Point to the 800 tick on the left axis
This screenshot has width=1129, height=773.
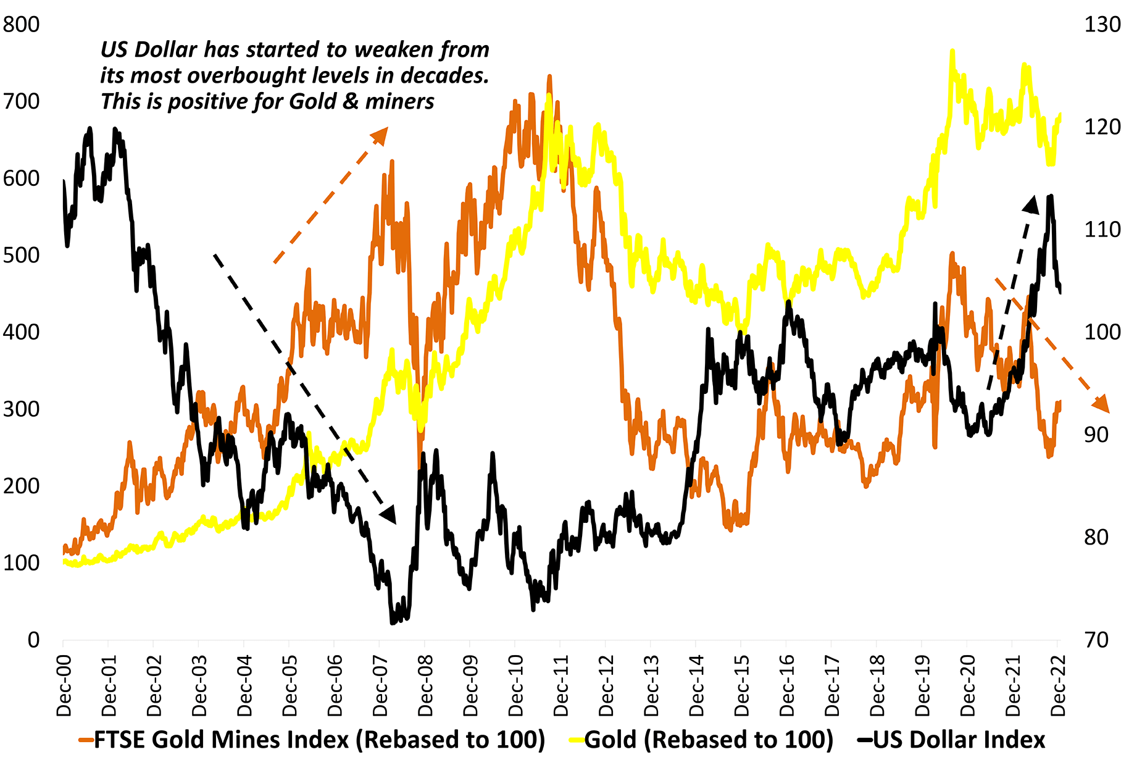click(21, 25)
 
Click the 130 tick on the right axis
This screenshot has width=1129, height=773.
click(1102, 25)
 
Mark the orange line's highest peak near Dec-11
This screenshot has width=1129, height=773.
click(549, 77)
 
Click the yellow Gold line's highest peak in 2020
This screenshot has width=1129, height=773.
click(952, 51)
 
